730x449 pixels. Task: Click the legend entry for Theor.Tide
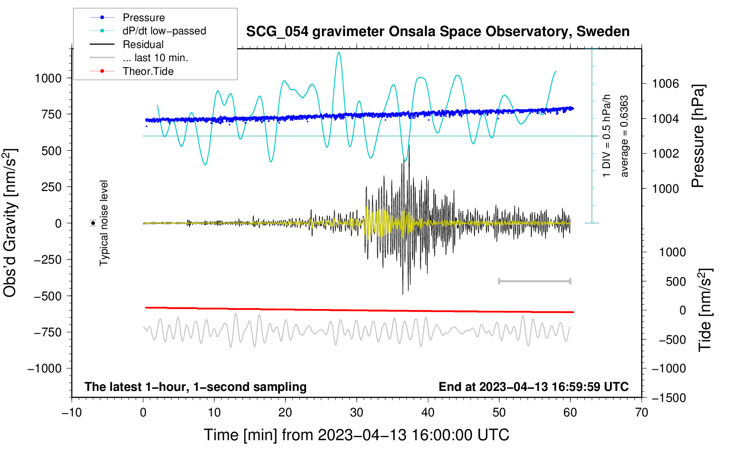pos(131,71)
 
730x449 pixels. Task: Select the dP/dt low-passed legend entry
pos(148,31)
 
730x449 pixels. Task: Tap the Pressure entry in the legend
pos(127,17)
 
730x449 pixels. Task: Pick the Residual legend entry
pos(127,44)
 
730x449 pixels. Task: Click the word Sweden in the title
pos(603,32)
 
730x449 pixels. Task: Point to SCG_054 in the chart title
pos(277,32)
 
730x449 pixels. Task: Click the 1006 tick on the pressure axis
pos(665,84)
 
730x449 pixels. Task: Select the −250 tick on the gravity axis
pos(47,260)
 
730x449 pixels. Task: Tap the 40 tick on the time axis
pos(427,412)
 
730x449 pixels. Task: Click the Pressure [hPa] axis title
pos(698,136)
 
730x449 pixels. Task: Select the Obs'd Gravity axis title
pos(11,223)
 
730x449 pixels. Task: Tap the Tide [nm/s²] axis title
pos(705,310)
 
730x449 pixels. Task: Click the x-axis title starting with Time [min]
pos(356,435)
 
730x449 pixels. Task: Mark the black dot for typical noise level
pos(93,223)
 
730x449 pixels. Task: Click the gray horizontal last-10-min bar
pos(534,281)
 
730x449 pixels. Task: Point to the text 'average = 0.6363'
pos(624,136)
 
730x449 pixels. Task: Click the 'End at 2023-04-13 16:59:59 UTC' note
pos(533,386)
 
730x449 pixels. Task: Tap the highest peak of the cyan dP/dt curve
pos(339,52)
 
